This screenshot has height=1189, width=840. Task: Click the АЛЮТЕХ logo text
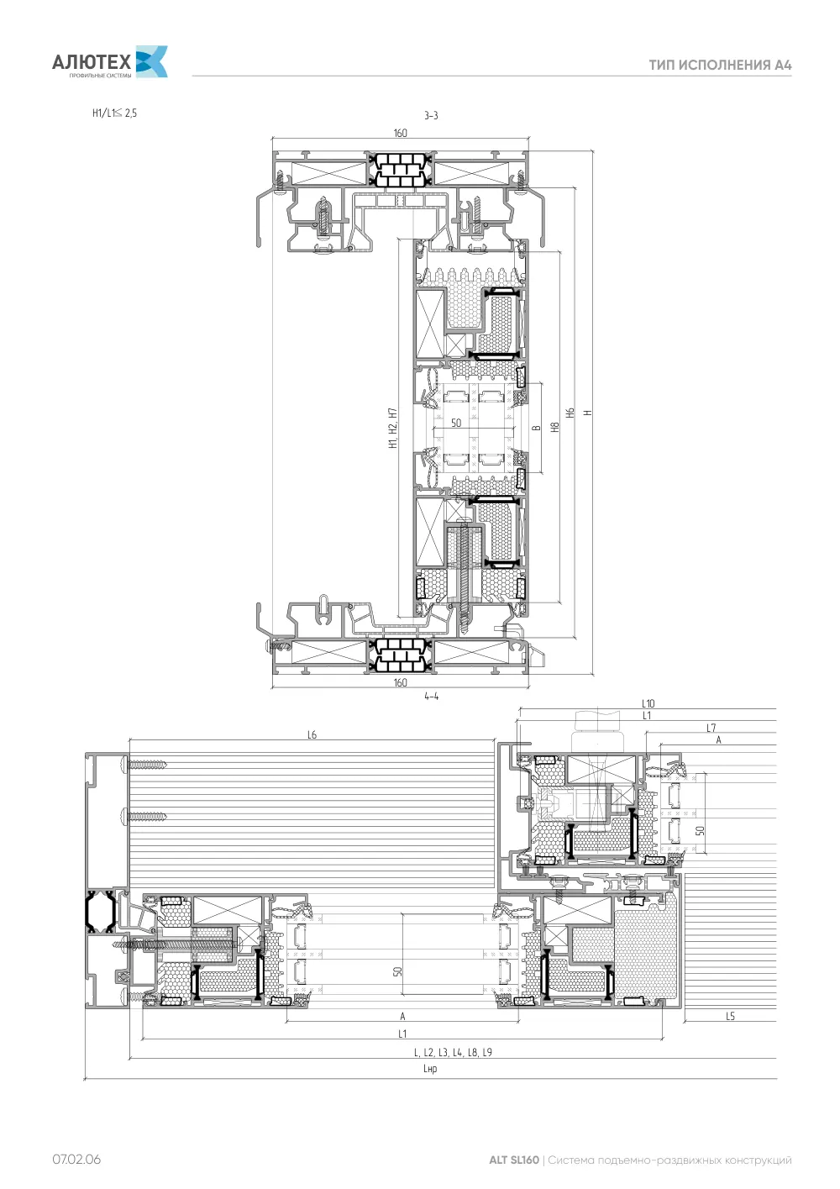[x=92, y=62]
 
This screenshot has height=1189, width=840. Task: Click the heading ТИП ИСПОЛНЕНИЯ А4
[x=720, y=66]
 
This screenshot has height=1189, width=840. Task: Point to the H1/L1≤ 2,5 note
[x=114, y=113]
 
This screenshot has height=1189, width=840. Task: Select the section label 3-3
[x=431, y=116]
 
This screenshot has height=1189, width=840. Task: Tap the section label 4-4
[x=431, y=697]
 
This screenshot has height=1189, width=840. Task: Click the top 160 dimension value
[x=400, y=133]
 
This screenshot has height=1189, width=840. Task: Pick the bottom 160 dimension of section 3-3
[x=400, y=682]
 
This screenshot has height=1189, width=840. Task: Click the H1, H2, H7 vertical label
[x=392, y=428]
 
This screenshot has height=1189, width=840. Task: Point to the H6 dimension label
[x=570, y=413]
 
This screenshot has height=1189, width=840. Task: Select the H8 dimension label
[x=555, y=427]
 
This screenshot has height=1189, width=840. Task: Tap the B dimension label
[x=537, y=428]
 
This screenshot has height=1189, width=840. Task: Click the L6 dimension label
[x=312, y=734]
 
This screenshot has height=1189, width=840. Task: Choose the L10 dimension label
[x=648, y=703]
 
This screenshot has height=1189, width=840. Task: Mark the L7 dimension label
[x=711, y=728]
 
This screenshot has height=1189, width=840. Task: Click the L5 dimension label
[x=730, y=1016]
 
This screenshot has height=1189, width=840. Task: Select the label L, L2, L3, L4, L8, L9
[x=453, y=1053]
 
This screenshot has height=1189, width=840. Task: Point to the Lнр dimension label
[x=430, y=1069]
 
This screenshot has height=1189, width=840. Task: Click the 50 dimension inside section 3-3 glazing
[x=456, y=423]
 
